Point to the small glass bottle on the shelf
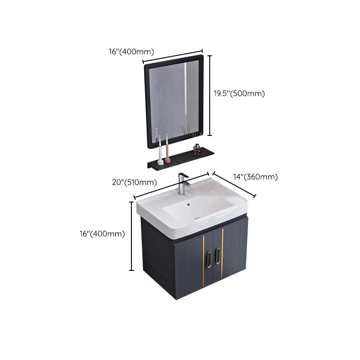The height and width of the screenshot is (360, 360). tap(197, 149)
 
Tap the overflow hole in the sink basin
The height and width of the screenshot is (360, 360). tap(188, 206)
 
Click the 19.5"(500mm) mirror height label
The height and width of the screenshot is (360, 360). tap(239, 94)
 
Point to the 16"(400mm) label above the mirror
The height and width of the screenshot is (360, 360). tap(131, 51)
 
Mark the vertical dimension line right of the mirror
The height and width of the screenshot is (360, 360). tap(209, 95)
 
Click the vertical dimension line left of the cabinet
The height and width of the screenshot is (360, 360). tap(131, 236)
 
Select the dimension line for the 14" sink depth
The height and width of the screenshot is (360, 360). tap(234, 184)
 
